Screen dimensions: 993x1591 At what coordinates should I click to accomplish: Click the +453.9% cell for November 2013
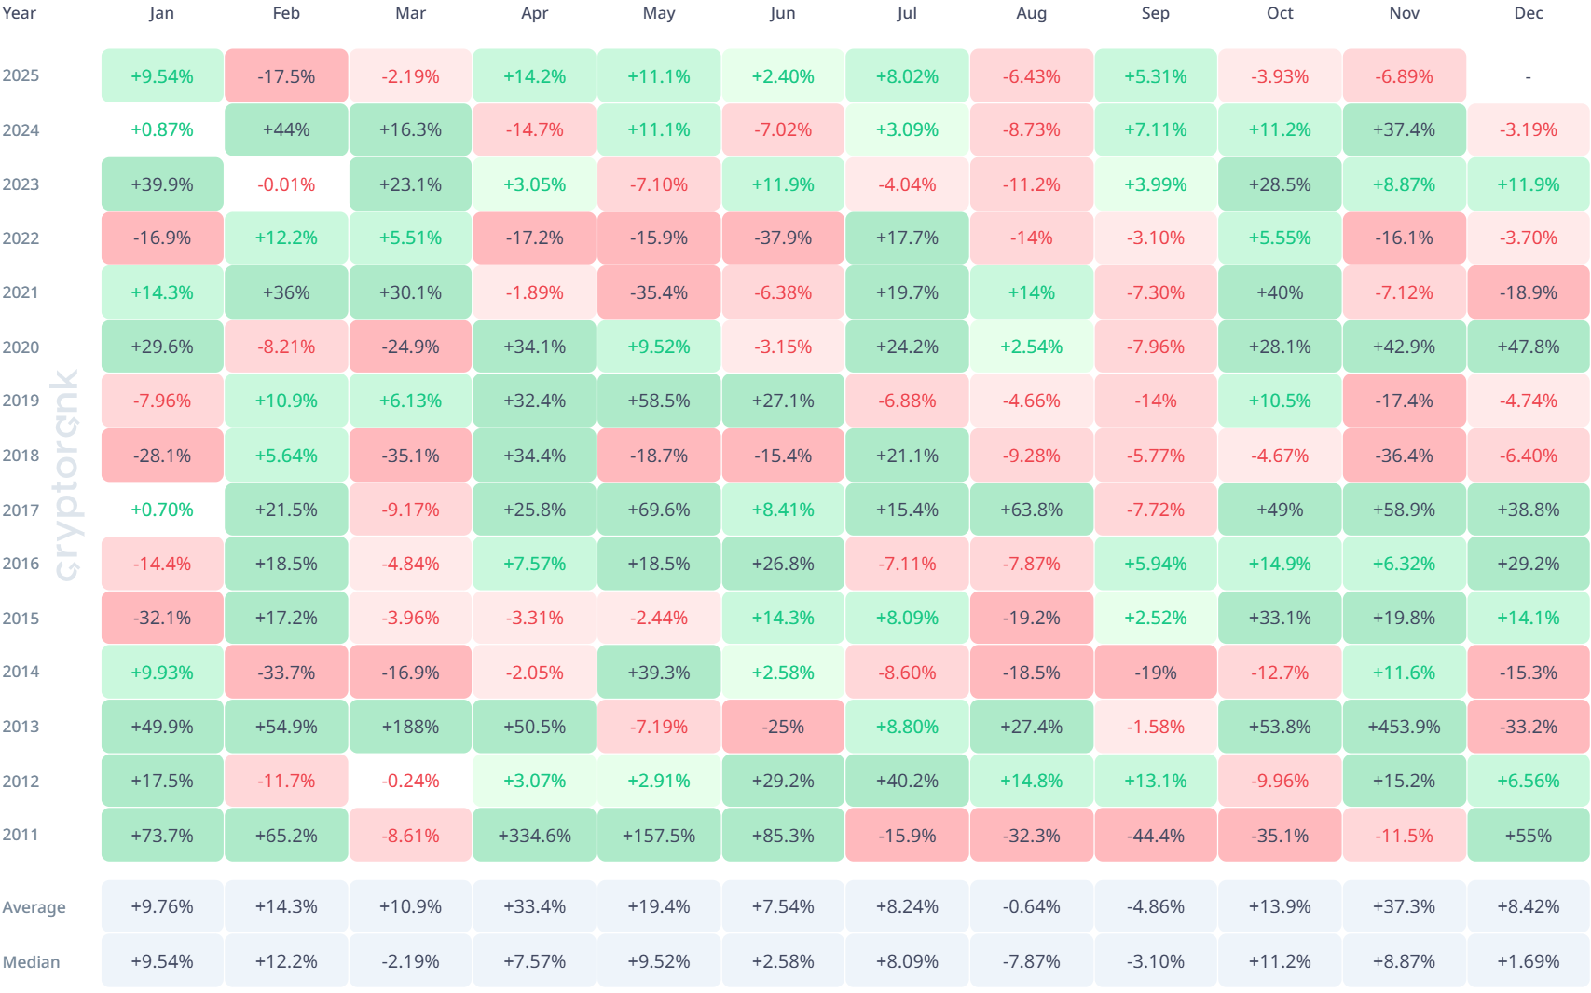coord(1404,727)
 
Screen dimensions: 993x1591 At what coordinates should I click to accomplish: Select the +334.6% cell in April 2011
coord(534,836)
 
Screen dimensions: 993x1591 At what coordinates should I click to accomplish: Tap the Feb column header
coord(286,13)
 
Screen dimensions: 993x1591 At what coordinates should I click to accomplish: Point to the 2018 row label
coord(21,456)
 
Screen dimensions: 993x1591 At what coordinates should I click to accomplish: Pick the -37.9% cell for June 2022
coord(783,238)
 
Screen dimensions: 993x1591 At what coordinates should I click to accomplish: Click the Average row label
coord(34,907)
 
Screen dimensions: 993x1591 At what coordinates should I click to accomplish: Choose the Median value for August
coord(1031,961)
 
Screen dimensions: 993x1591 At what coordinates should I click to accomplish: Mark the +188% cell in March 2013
coord(410,727)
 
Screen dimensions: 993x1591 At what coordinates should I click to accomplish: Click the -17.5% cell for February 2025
coord(286,76)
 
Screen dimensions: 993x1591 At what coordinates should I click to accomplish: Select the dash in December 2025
coord(1528,76)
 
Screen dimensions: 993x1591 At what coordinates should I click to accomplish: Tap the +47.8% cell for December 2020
coord(1528,347)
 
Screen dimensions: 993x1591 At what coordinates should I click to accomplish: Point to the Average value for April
coord(534,906)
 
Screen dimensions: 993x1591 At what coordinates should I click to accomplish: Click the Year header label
coord(19,13)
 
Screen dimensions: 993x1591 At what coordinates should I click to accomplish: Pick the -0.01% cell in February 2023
coord(286,184)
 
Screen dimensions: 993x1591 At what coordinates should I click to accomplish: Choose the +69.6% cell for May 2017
coord(658,510)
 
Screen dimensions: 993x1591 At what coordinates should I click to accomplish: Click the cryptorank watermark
coord(65,475)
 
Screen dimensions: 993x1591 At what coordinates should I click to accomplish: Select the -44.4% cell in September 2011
coord(1155,836)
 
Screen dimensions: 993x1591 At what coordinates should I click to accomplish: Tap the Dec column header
coord(1528,13)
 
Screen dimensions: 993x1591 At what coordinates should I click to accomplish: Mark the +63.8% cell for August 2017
coord(1031,510)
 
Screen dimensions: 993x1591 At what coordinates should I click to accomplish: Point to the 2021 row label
coord(21,292)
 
